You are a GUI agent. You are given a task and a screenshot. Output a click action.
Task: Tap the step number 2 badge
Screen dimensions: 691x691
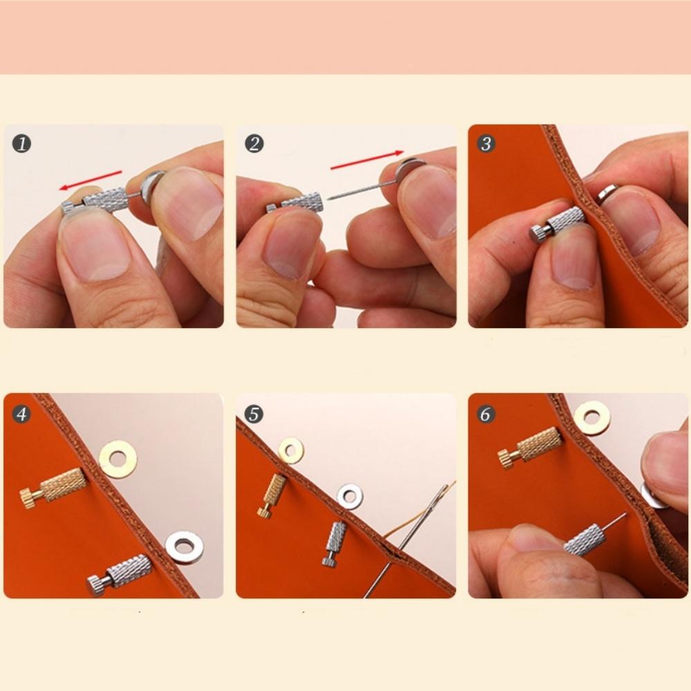click(x=254, y=144)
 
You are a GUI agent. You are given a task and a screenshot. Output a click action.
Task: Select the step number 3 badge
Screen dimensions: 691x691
click(x=486, y=144)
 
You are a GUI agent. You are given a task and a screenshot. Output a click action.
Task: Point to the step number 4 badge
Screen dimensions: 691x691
click(x=21, y=414)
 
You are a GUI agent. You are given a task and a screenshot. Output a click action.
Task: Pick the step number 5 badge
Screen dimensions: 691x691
click(x=254, y=414)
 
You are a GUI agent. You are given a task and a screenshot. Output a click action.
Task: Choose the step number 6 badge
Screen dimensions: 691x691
click(x=486, y=414)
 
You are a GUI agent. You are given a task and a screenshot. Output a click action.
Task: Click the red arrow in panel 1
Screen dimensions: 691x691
click(x=90, y=180)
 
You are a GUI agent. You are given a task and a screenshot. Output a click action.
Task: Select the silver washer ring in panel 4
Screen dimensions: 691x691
click(x=184, y=547)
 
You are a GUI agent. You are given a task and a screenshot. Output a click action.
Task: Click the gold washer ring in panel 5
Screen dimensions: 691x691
click(x=290, y=450)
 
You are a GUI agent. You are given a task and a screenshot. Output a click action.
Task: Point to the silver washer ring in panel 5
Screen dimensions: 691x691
click(x=350, y=496)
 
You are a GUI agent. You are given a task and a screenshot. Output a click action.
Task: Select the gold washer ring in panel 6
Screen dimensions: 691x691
click(x=592, y=418)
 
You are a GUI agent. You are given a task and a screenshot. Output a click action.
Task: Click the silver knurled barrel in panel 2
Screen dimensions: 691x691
click(x=301, y=202)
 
